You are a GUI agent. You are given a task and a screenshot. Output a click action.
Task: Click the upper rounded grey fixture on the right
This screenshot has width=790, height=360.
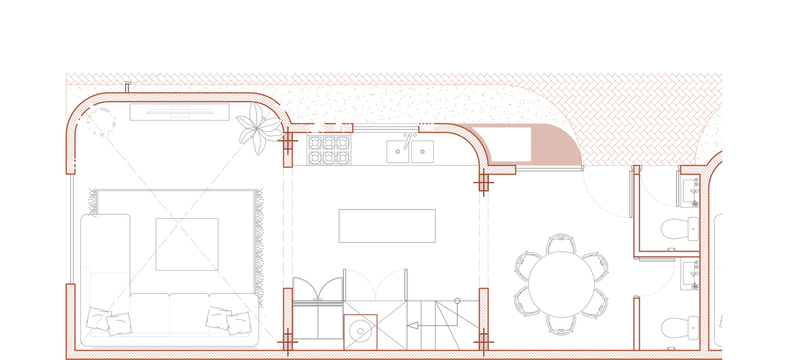click(680, 229)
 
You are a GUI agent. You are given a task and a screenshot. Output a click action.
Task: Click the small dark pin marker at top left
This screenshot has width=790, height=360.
click(127, 86)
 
